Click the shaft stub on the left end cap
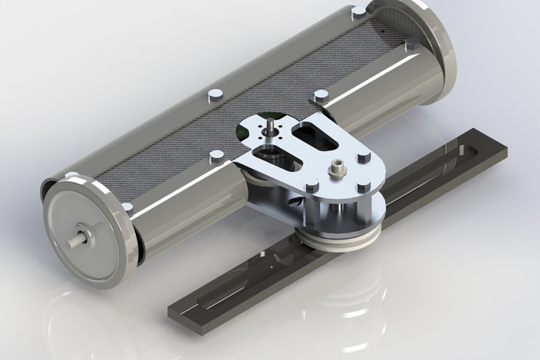[x=77, y=239]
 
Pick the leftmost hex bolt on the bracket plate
[x=311, y=185]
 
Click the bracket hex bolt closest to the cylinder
[x=363, y=157]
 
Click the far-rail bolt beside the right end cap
[x=358, y=12]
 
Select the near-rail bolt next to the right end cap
[x=412, y=45]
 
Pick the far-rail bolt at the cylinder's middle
[x=216, y=94]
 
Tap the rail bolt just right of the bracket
[x=321, y=96]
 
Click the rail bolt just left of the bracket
[x=217, y=157]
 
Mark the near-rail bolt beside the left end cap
[x=127, y=207]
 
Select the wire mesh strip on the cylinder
[x=253, y=107]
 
